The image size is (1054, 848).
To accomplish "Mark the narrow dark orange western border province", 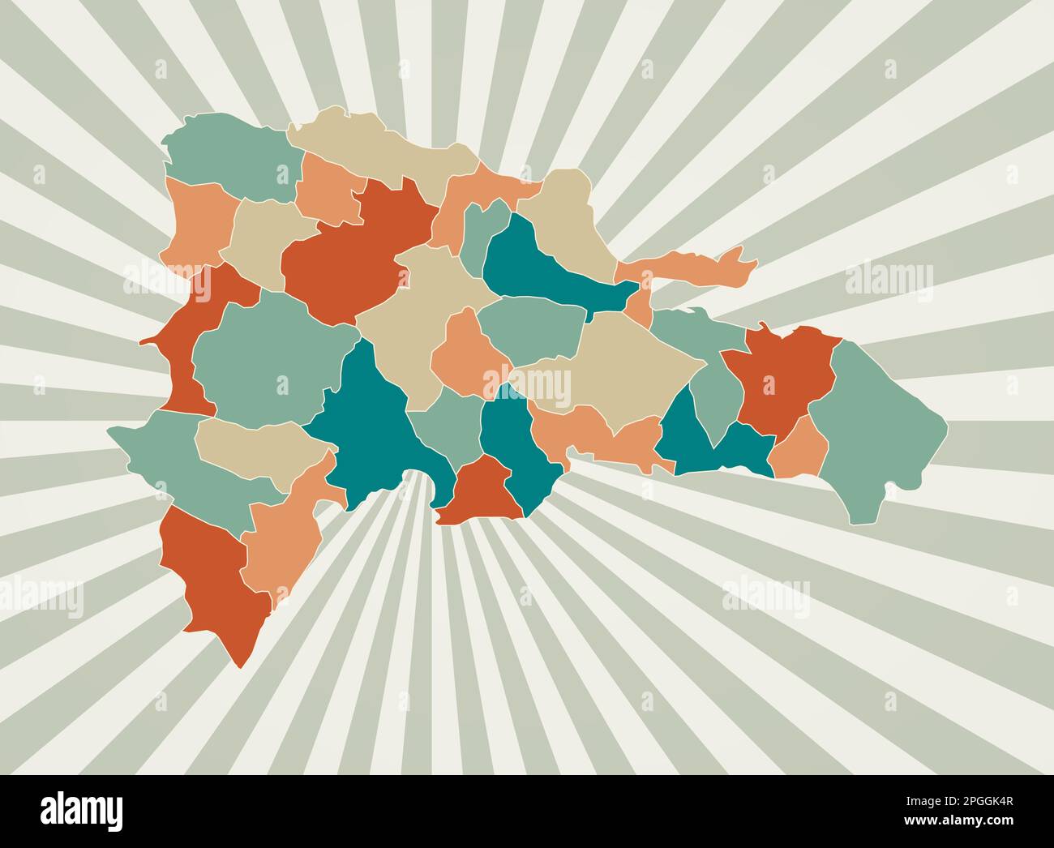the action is pos(195,340).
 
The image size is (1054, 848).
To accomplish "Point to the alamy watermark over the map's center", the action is pos(527,381).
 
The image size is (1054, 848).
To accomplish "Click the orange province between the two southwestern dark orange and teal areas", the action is pos(284,527).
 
